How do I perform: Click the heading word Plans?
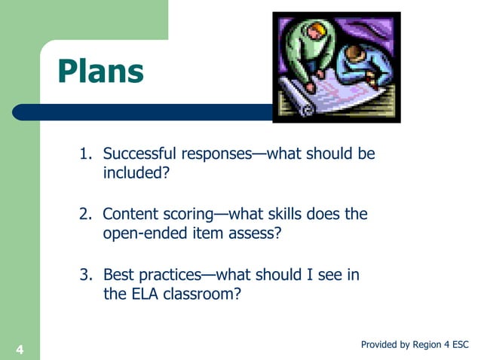100,72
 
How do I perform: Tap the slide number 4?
19,349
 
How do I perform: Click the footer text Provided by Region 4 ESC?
415,344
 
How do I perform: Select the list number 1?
85,154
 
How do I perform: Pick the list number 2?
85,215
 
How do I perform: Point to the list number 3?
85,275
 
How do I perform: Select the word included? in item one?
136,174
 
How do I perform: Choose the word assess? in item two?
255,234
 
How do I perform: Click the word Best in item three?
118,275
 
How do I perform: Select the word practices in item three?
170,275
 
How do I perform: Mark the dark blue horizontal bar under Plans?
151,112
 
